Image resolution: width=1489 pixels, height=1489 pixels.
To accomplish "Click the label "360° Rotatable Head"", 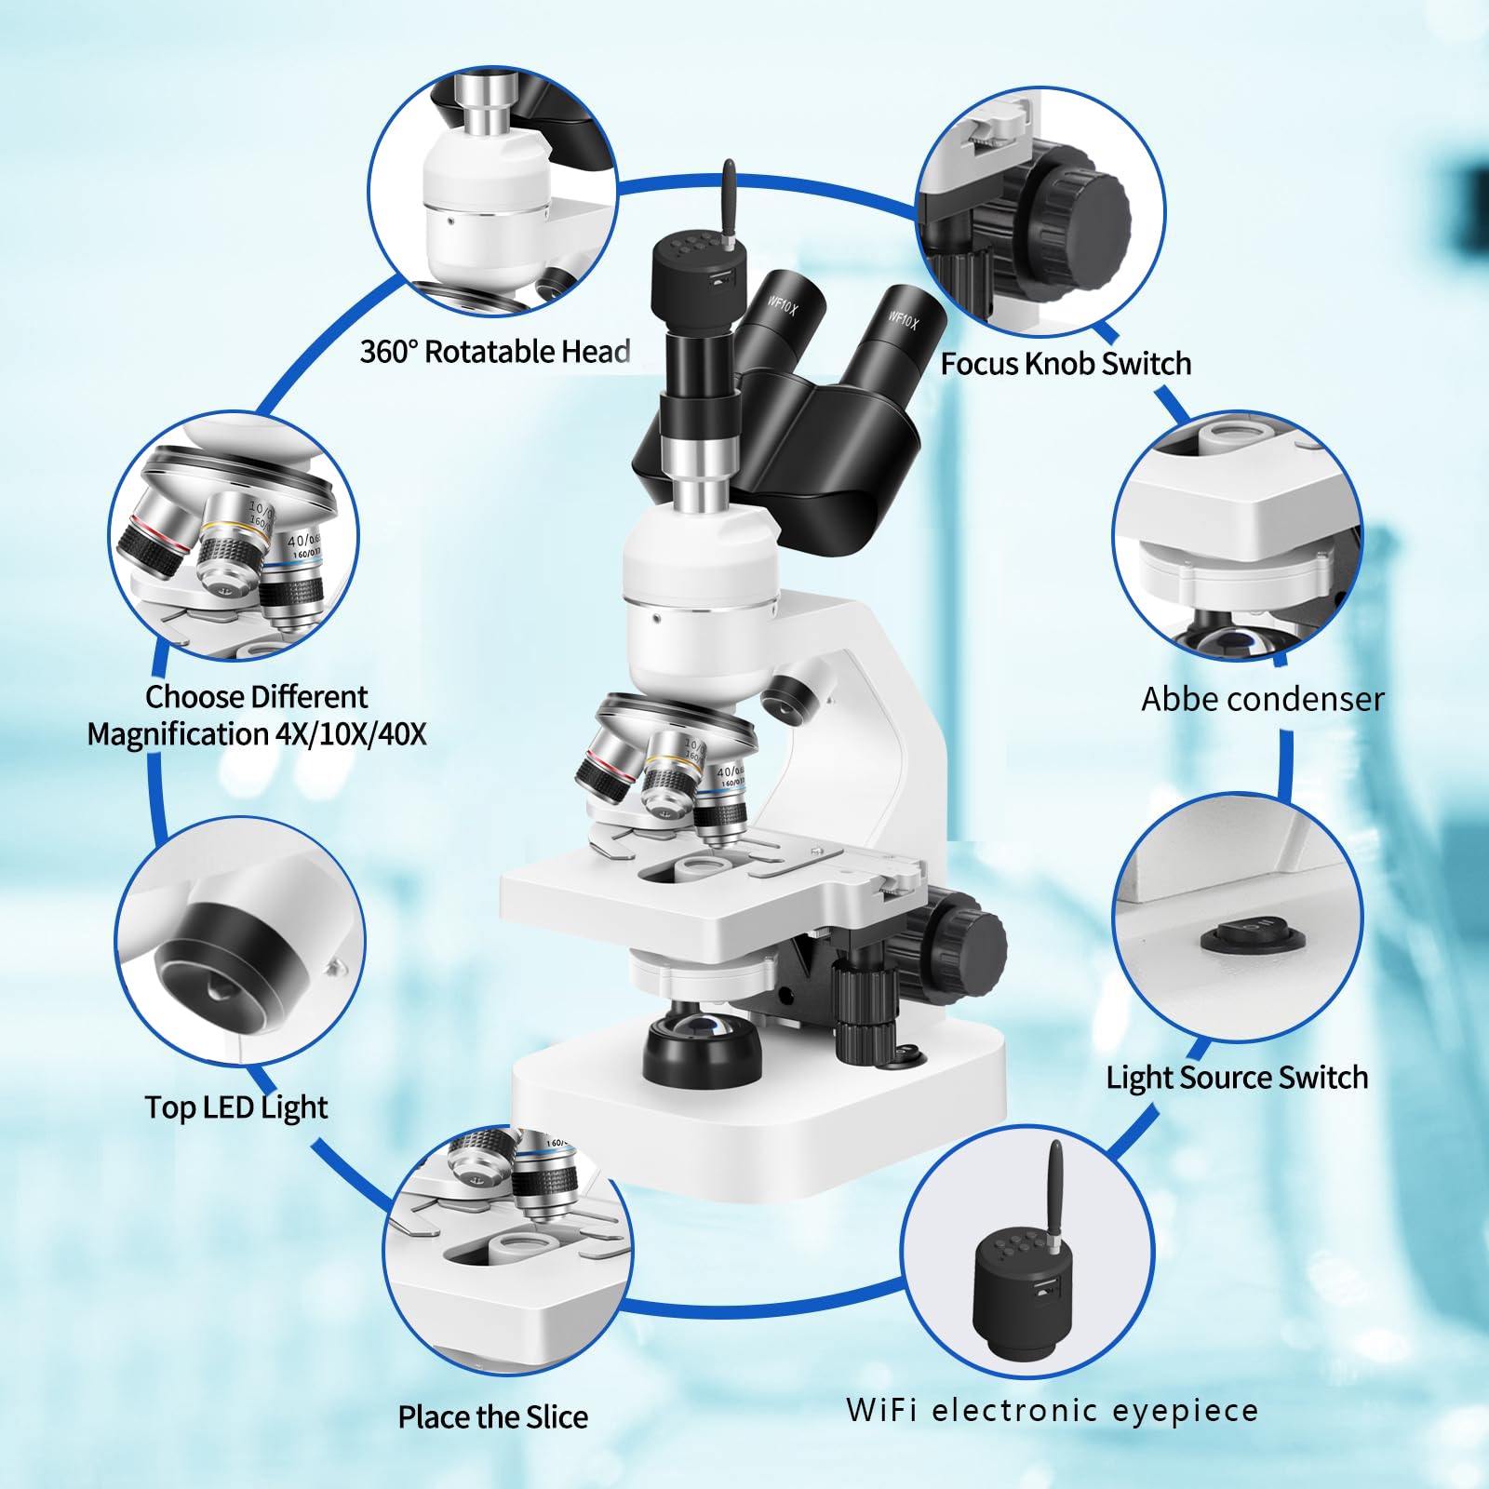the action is pos(495,352).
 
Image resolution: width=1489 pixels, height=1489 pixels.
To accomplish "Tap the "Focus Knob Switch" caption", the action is pos(1066,363).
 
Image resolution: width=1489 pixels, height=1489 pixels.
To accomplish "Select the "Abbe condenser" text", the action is pos(1263,699).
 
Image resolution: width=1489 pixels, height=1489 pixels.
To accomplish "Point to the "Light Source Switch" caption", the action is pos(1237,1078).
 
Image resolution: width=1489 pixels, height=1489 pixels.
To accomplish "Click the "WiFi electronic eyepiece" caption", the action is pos(1053,1410).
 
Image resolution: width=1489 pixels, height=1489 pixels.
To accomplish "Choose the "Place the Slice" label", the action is pos(493,1416).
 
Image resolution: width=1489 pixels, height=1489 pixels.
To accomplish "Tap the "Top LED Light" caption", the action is pos(236,1107).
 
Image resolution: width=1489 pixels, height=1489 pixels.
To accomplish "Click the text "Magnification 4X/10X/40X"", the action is pos(257,734).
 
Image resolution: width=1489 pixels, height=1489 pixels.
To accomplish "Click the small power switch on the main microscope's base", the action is pos(908,1054).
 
